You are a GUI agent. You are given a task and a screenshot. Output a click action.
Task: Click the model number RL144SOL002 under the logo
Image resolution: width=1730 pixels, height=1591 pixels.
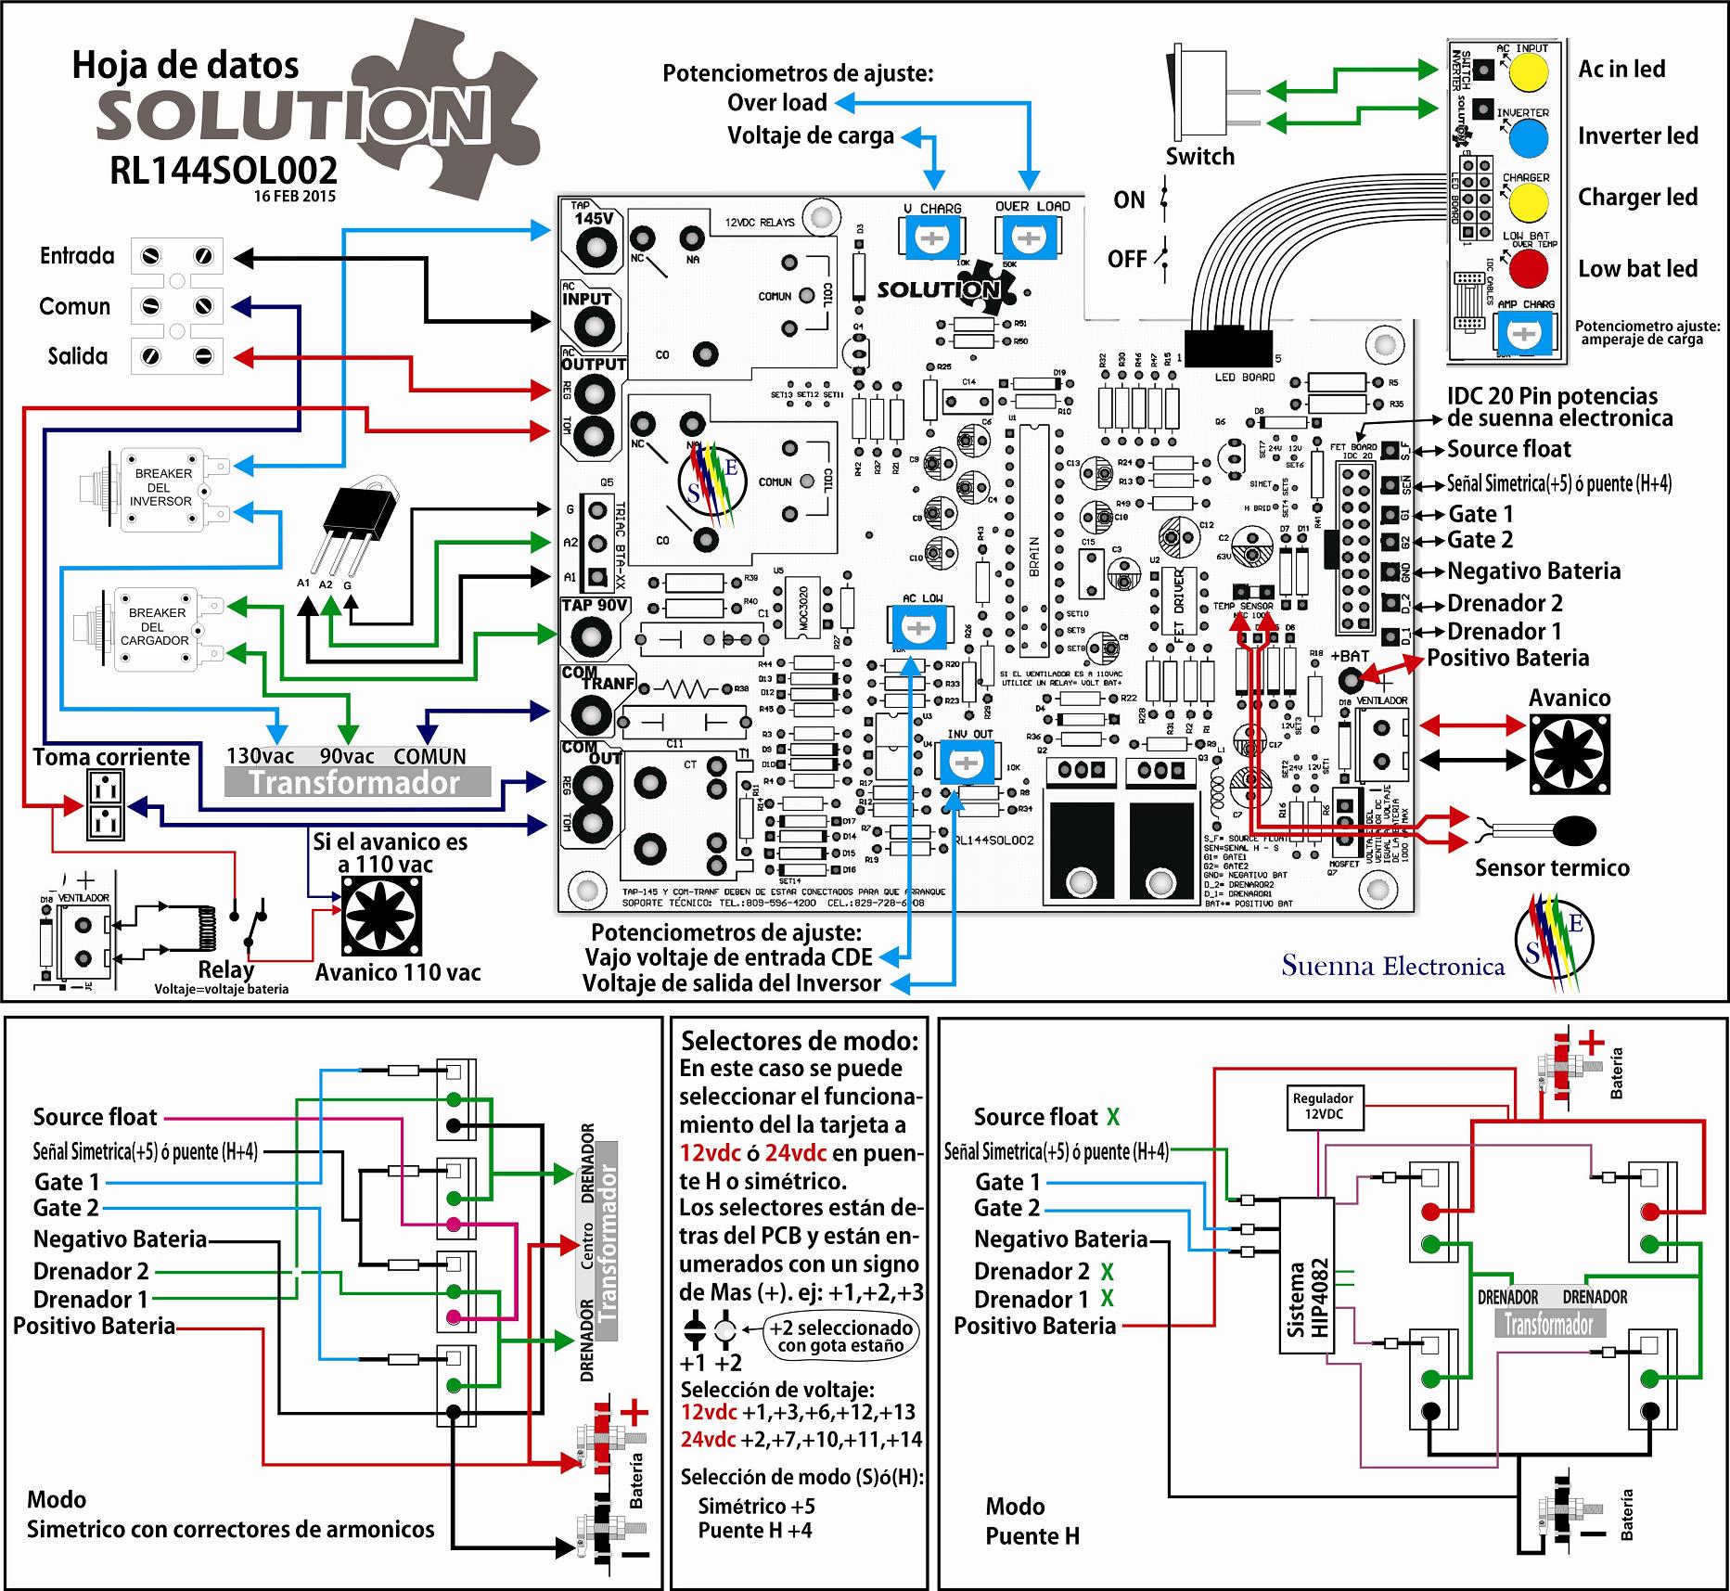point(223,171)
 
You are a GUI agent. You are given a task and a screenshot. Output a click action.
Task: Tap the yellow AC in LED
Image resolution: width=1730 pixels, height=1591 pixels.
point(1528,71)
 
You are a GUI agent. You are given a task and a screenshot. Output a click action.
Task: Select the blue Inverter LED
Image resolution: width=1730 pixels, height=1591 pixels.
point(1528,138)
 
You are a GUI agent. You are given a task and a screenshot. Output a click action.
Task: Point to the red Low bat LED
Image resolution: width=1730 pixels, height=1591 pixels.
point(1528,268)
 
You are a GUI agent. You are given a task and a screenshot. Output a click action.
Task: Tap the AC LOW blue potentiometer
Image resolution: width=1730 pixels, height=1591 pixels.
point(917,628)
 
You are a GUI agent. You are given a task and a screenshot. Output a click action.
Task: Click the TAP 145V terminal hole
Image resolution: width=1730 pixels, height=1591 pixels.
point(594,247)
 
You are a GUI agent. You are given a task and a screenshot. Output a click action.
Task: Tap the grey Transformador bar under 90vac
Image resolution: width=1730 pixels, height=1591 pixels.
point(357,782)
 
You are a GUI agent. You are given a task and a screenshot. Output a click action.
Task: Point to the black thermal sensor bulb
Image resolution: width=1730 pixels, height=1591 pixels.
point(1576,829)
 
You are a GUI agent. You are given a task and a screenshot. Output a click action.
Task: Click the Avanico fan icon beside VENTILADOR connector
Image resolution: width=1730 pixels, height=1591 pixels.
point(1569,752)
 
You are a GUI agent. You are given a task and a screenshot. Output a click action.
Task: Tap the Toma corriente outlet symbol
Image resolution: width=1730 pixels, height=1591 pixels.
point(106,804)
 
